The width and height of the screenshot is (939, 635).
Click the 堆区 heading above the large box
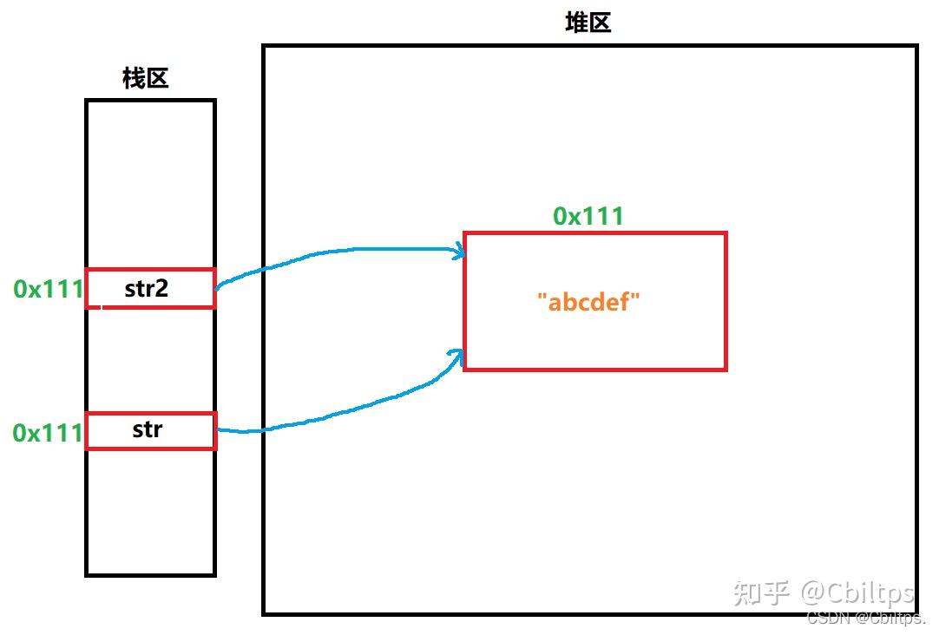(x=588, y=23)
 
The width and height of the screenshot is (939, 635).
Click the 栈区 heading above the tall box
(x=145, y=79)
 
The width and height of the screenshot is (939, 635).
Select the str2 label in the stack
(x=146, y=289)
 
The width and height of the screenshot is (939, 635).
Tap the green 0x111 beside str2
(x=49, y=289)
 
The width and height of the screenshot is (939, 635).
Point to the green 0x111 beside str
(x=49, y=432)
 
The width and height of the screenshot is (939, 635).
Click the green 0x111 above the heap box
(x=588, y=216)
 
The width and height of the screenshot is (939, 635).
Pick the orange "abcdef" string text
(x=588, y=302)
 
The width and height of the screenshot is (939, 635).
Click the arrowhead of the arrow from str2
(x=460, y=253)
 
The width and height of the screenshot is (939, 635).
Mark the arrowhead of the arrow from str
(x=458, y=352)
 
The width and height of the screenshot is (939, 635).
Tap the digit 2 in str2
(x=161, y=289)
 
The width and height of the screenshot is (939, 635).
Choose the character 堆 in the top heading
(x=576, y=23)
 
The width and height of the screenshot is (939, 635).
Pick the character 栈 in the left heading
(x=133, y=79)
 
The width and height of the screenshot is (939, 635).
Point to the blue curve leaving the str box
(x=260, y=429)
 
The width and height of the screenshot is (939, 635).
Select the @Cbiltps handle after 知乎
(x=857, y=593)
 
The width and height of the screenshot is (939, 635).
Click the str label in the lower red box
(x=148, y=429)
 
